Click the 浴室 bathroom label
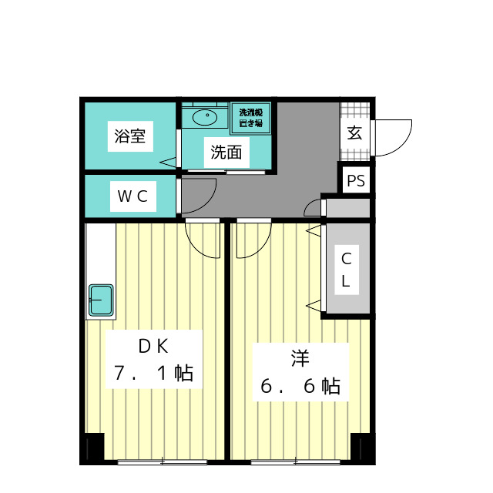(x=130, y=137)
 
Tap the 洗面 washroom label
(x=226, y=153)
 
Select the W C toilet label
(x=132, y=196)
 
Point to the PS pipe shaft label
(x=356, y=181)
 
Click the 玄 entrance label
(x=354, y=132)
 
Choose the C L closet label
(x=346, y=270)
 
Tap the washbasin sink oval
(x=205, y=118)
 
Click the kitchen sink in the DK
(x=101, y=299)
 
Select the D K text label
(x=153, y=346)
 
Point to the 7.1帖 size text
(x=153, y=374)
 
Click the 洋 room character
(x=300, y=358)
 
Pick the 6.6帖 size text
(x=300, y=387)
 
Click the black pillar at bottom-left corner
(x=93, y=448)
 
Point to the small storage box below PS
(x=347, y=208)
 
